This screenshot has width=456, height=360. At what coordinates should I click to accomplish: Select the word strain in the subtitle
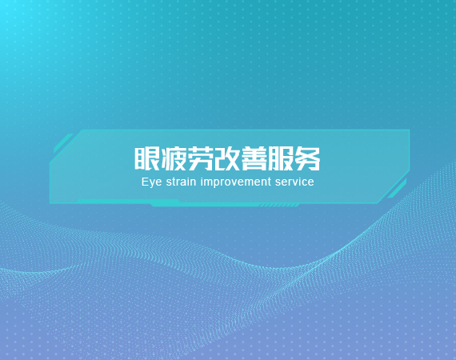point(181,182)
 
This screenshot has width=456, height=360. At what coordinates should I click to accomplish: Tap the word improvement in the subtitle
point(236,182)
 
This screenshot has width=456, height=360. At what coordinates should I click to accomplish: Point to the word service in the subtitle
point(294,182)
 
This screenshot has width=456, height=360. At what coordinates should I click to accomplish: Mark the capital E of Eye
point(145,182)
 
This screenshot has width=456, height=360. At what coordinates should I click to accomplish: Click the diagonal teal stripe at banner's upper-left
point(63,143)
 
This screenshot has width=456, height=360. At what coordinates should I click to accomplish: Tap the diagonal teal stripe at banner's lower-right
point(397,189)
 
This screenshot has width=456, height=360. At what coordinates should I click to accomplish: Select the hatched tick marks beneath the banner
point(279,205)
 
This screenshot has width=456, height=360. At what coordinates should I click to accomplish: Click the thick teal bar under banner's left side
point(128,202)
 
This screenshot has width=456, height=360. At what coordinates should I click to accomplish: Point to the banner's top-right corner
point(410,130)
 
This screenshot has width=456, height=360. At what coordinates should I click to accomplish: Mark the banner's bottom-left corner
point(50,202)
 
